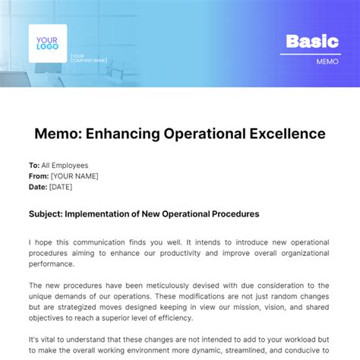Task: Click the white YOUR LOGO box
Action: pyautogui.click(x=48, y=43)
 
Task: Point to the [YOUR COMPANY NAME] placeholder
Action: pyautogui.click(x=88, y=58)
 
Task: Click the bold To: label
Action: pyautogui.click(x=33, y=165)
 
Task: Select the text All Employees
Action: pyautogui.click(x=65, y=165)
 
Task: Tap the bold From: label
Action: pyautogui.click(x=38, y=176)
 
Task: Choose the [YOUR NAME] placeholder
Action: pyautogui.click(x=74, y=176)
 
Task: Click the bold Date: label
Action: pyautogui.click(x=37, y=187)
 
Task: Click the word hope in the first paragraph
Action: pyautogui.click(x=45, y=242)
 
